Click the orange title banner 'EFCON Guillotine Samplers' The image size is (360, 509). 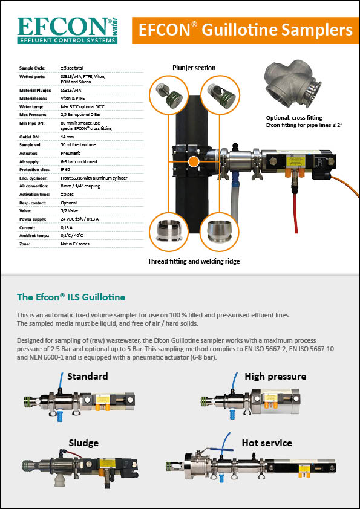tap(245, 30)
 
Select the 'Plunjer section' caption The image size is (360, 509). tap(194, 68)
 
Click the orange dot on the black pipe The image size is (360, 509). tap(193, 162)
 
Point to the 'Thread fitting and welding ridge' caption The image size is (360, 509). tap(194, 261)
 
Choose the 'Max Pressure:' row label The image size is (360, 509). tap(33, 113)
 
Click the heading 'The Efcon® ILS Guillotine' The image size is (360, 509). tap(71, 297)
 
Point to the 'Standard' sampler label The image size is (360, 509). tap(87, 377)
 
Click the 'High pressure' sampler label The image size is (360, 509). tap(275, 377)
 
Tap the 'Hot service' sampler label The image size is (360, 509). tap(267, 443)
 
